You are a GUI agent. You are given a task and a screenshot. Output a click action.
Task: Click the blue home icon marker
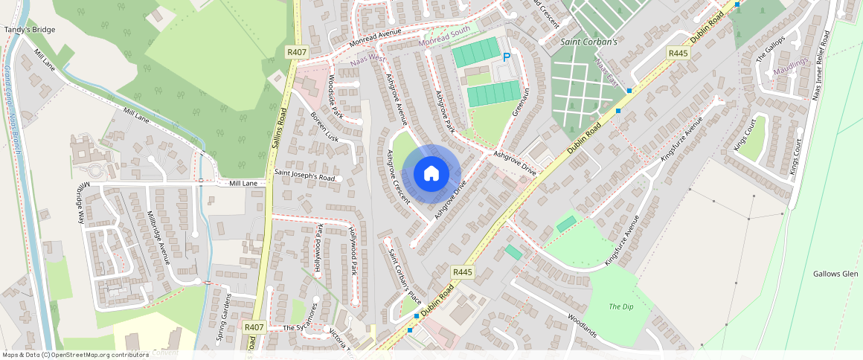pos(431,174)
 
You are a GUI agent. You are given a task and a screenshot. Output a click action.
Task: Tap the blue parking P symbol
pos(507,57)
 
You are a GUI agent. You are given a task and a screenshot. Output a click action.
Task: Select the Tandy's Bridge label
pos(30,30)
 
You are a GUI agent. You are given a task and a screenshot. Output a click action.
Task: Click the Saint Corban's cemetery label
pos(589,42)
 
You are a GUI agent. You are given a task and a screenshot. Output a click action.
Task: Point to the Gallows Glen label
pos(835,274)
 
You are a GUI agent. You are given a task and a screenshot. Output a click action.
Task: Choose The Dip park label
pos(620,306)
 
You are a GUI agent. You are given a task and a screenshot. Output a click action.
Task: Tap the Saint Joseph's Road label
pos(305,176)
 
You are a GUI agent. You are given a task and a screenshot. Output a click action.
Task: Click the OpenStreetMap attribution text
pos(76,355)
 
